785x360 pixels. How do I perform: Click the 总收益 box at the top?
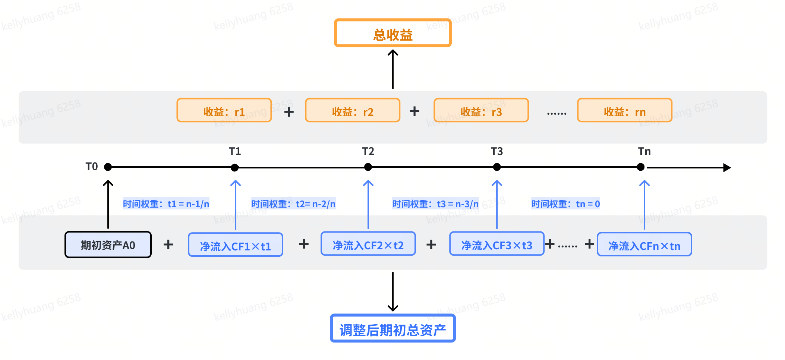[393, 33]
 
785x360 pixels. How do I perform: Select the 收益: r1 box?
[224, 110]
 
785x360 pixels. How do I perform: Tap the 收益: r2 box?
[353, 110]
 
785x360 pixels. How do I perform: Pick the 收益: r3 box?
[481, 110]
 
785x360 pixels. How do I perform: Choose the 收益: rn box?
[625, 110]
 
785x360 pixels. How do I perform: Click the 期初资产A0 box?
[108, 244]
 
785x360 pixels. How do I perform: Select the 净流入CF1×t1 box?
[236, 245]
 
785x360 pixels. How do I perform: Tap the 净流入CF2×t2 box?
[368, 244]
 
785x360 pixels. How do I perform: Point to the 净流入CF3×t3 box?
[497, 244]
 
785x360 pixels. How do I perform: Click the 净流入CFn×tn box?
[644, 244]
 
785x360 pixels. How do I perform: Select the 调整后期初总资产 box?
[393, 328]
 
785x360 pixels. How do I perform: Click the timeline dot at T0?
[108, 167]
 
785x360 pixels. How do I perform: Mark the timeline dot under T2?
[368, 167]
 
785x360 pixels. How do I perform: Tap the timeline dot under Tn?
[641, 167]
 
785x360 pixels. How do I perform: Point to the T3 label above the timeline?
[497, 151]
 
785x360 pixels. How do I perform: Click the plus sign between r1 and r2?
[289, 111]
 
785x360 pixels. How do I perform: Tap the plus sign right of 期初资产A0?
[168, 244]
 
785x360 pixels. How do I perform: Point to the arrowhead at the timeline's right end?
[727, 168]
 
